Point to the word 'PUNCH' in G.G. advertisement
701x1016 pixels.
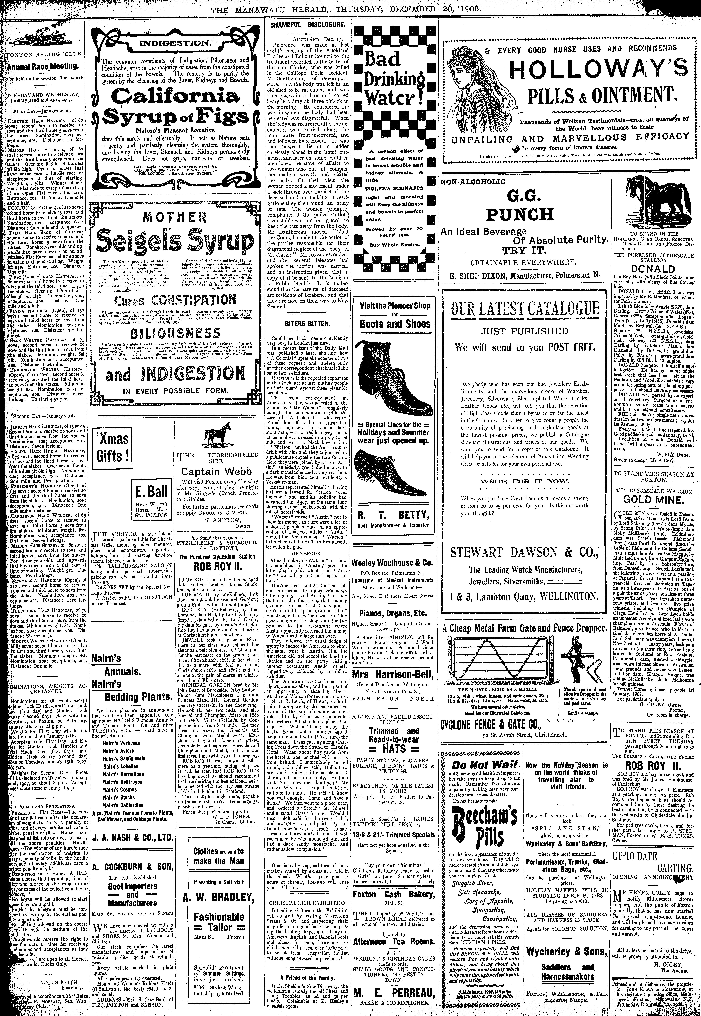520,214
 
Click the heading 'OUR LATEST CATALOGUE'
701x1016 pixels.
525,309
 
